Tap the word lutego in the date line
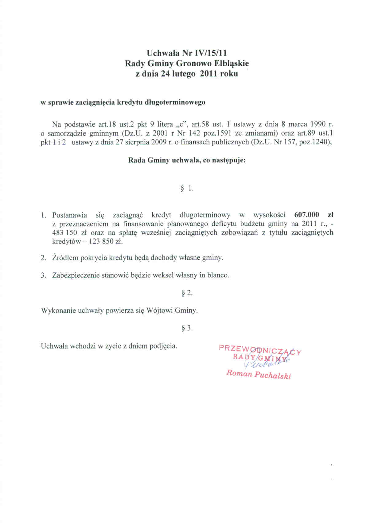click(184, 74)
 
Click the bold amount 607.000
click(307, 215)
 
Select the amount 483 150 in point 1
click(65, 233)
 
